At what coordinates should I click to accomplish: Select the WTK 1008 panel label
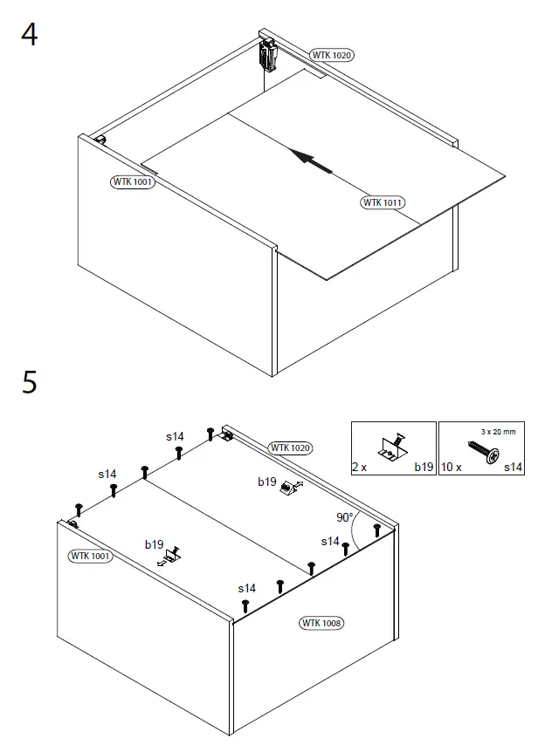tap(321, 623)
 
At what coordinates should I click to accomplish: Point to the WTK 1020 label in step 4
tap(332, 55)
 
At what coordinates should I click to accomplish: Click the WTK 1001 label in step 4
tap(133, 182)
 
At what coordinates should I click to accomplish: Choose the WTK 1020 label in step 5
tap(290, 448)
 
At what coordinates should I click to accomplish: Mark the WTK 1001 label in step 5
tap(91, 556)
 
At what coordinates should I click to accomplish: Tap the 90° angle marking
tap(346, 518)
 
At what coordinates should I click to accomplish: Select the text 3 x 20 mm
tap(498, 431)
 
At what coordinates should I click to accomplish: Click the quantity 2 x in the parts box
tap(359, 468)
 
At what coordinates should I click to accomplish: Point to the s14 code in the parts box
tap(513, 468)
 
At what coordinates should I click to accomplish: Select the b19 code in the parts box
tap(424, 468)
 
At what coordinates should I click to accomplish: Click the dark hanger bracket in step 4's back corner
tap(266, 55)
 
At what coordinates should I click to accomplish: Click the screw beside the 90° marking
tap(376, 530)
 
